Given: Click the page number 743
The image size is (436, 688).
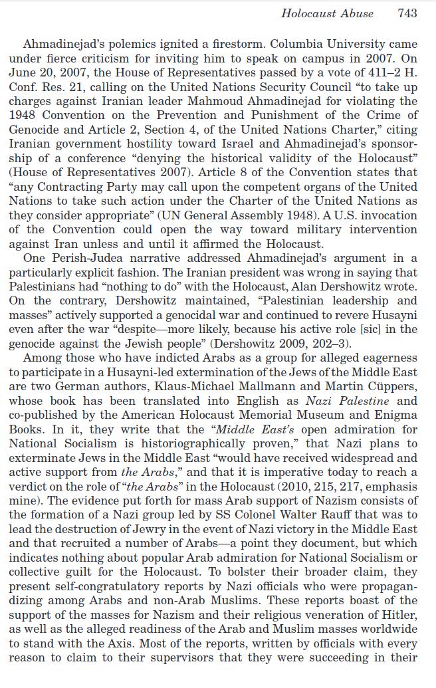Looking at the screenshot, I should click(x=407, y=13).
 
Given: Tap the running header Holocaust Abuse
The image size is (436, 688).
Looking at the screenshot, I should click(x=327, y=13).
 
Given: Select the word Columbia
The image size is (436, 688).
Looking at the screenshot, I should click(x=295, y=45).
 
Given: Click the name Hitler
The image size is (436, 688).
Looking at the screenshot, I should click(x=397, y=615).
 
